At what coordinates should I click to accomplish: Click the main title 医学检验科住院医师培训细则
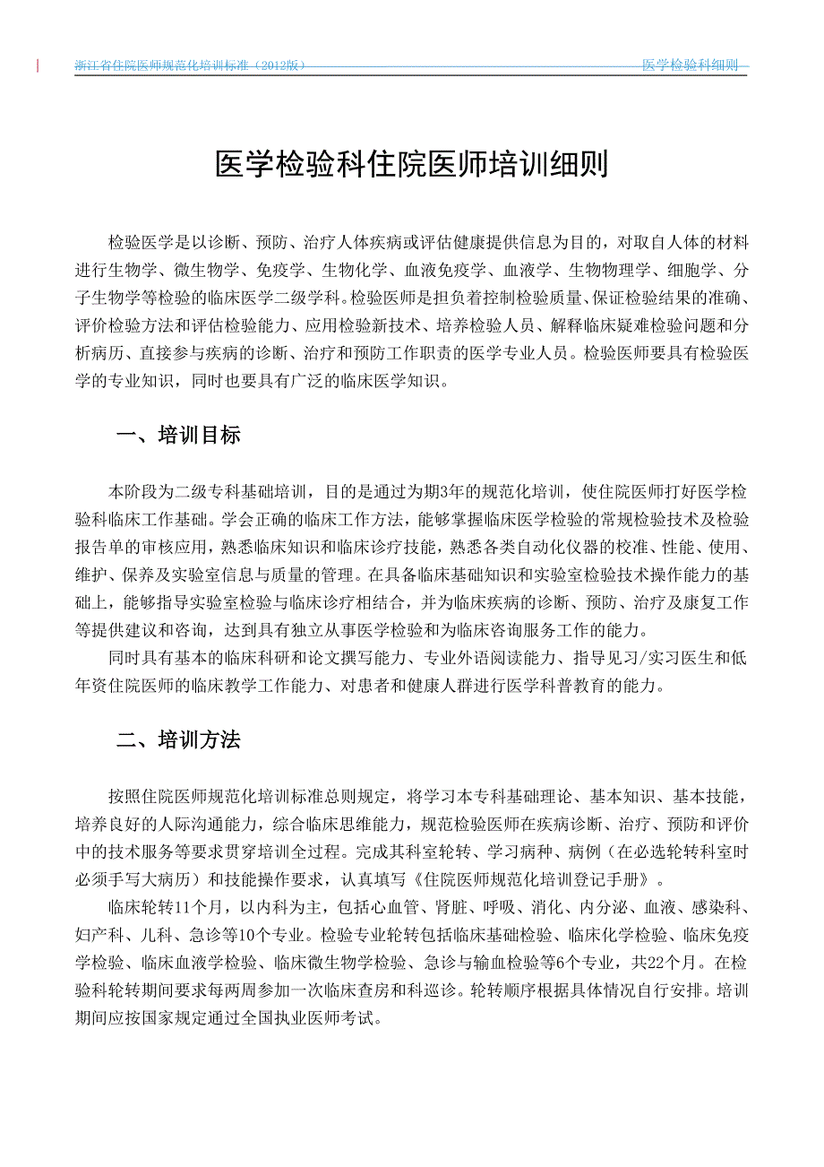412,165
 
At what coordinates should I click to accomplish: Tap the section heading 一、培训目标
179,437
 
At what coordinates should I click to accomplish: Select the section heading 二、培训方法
179,740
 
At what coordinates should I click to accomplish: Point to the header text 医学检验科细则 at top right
691,65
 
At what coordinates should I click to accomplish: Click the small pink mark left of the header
39,65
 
